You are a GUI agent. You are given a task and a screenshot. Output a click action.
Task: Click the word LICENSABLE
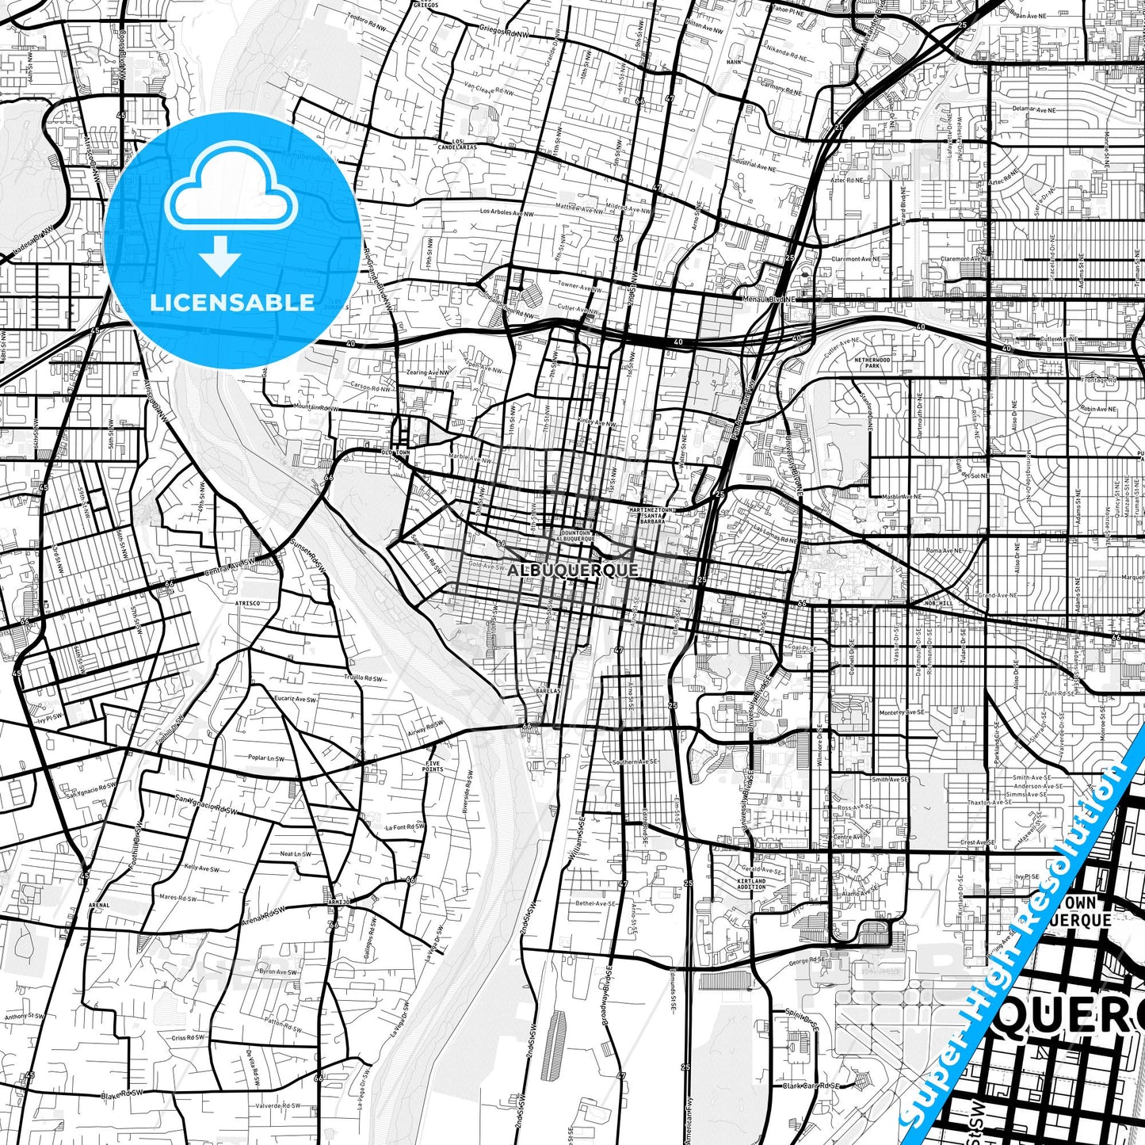point(232,303)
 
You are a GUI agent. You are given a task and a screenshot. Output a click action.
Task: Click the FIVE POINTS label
point(433,766)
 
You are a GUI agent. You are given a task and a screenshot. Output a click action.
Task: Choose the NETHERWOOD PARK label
point(872,363)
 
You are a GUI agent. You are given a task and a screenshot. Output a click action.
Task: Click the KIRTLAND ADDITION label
point(751,884)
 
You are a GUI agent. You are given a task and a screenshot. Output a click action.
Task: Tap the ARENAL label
point(99,904)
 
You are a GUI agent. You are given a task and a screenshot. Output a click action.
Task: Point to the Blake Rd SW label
point(123,1095)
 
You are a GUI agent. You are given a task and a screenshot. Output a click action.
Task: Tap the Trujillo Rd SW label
point(363,679)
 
